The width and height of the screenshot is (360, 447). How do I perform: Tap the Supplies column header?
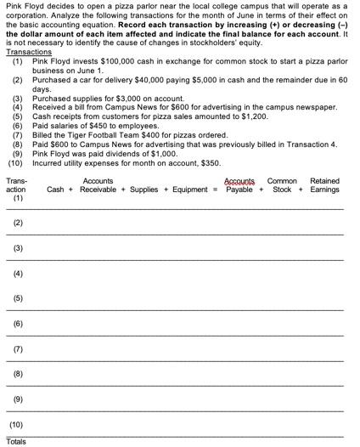(143, 189)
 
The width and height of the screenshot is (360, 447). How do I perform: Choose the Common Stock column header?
(282, 184)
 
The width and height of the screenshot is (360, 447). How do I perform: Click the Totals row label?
(16, 441)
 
